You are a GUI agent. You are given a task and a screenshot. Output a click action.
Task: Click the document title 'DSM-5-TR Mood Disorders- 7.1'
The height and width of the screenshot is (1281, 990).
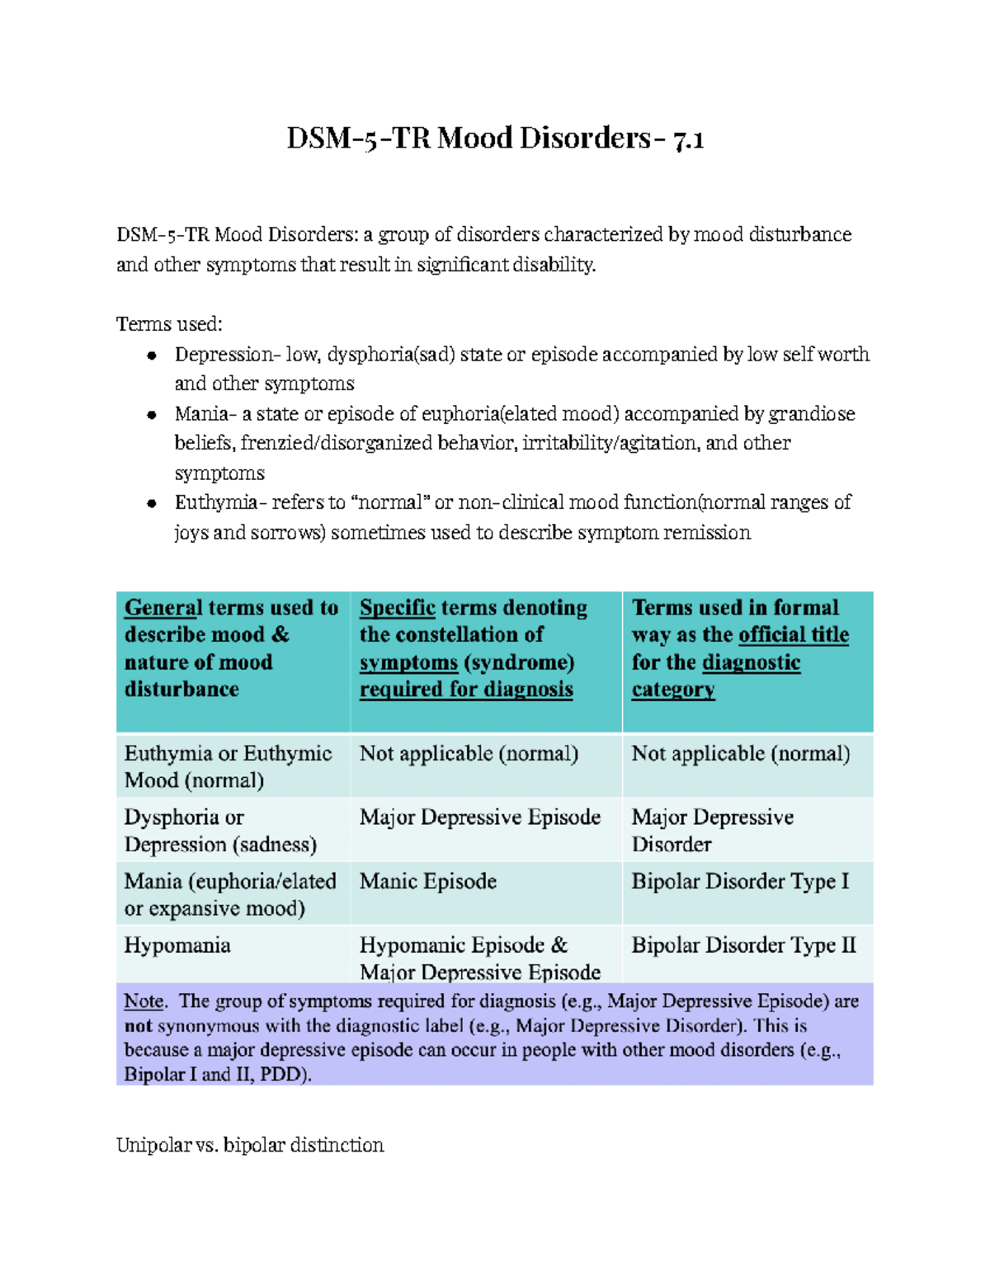[x=495, y=138]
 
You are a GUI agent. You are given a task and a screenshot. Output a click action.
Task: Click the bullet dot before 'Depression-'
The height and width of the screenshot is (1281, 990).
[x=152, y=356]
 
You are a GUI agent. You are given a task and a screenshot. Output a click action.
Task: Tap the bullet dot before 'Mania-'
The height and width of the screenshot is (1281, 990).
[x=152, y=415]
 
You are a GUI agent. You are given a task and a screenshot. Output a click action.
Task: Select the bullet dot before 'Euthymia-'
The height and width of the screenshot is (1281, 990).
[x=152, y=503]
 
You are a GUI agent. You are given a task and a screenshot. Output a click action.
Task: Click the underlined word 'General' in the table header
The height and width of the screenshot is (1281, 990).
[x=163, y=608]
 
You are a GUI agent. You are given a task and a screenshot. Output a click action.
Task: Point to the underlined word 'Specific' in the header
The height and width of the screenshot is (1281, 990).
[x=397, y=608]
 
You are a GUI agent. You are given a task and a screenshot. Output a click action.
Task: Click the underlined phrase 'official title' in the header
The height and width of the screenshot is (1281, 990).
[x=794, y=635]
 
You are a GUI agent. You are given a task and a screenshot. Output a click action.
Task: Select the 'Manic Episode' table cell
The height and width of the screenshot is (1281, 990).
[x=427, y=882]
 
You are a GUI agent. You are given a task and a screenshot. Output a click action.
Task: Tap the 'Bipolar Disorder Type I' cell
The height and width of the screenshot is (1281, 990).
[x=740, y=882]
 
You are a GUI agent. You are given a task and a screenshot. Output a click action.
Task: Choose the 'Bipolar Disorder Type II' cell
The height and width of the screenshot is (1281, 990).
[x=743, y=945]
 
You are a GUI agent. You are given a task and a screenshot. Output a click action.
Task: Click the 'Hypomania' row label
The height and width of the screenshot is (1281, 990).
[x=177, y=945]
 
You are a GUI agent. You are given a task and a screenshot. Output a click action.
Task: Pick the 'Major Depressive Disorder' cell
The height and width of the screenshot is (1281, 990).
[x=712, y=831]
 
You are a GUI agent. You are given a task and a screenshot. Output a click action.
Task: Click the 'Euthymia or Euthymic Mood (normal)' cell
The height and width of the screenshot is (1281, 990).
[x=228, y=766]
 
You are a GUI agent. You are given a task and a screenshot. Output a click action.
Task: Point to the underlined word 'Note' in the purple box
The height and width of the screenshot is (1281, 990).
[x=144, y=1001]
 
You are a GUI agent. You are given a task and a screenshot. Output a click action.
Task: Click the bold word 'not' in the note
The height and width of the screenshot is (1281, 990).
[x=139, y=1026]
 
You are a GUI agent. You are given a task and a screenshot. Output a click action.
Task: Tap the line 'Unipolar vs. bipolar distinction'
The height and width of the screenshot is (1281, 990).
[x=250, y=1145]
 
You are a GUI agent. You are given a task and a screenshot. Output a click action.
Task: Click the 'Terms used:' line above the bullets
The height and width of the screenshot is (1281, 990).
[x=169, y=324]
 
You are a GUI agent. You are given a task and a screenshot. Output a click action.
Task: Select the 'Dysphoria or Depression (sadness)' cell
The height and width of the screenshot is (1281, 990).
[x=220, y=831]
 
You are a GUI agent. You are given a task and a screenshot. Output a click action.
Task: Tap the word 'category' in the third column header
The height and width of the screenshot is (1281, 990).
[x=673, y=690]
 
